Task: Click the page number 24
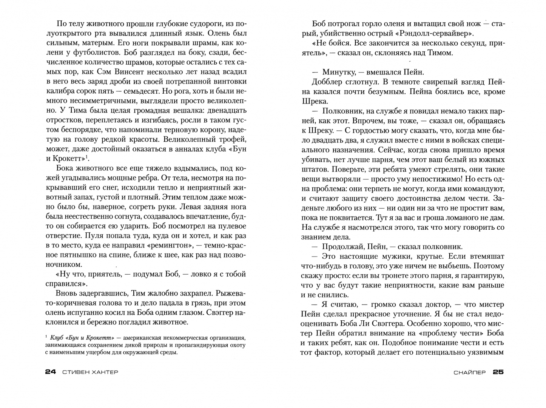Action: pos(50,372)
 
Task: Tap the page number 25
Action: pos(498,372)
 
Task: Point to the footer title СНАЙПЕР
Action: pos(470,372)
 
